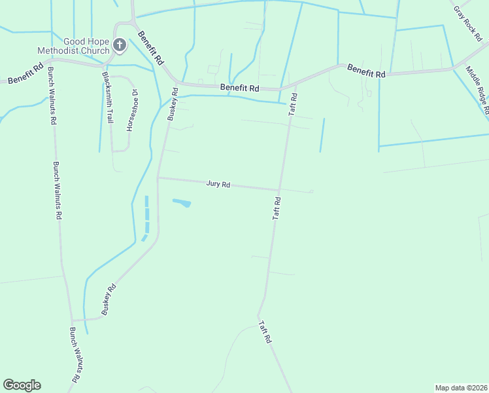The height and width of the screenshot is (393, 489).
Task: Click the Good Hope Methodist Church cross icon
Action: (120, 45)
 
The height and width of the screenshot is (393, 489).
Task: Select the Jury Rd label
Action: (218, 184)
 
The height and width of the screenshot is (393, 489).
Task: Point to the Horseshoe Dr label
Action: (131, 111)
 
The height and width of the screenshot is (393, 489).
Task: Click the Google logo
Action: (22, 384)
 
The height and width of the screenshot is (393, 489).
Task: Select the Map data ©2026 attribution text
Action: (461, 387)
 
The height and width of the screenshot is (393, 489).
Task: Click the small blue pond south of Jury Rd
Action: (182, 203)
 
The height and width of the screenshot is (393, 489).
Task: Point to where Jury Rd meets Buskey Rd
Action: (158, 178)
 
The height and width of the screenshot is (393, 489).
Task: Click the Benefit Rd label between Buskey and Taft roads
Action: (239, 88)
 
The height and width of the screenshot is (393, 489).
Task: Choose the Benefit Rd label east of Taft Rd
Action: (366, 70)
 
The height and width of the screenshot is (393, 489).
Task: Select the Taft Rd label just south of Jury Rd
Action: (277, 208)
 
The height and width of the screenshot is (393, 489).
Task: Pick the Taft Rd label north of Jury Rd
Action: (294, 105)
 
